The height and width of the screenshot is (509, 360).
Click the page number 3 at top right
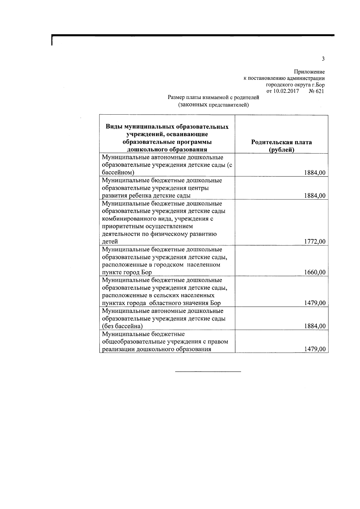323,59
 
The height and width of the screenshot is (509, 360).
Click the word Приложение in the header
309,72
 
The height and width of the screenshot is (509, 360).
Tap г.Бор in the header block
318,85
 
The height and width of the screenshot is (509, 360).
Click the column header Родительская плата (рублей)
281,146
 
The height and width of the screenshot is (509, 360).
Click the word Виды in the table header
114,127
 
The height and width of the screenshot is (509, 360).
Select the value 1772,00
315,241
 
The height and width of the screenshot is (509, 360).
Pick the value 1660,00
315,272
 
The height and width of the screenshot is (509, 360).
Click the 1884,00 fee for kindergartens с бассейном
315,173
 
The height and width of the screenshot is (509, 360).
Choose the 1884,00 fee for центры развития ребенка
315,196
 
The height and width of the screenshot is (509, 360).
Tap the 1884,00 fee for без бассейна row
315,326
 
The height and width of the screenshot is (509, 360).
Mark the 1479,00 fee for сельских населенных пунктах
315,303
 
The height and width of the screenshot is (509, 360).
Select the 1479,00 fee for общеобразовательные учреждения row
315,349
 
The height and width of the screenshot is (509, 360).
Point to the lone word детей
110,241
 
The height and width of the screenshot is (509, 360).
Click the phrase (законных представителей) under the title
213,105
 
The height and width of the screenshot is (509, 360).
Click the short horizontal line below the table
208,371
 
